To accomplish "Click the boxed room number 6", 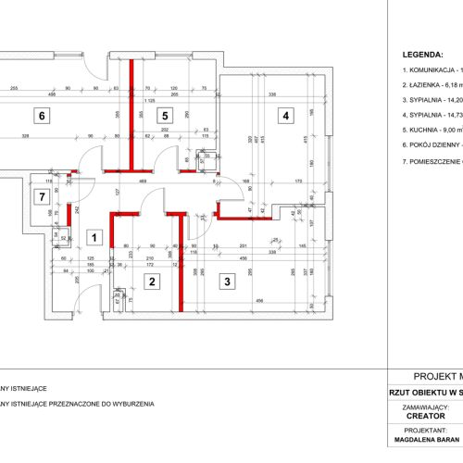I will point(39,116).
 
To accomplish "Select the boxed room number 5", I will point(164,116).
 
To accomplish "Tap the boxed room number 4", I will point(286,116).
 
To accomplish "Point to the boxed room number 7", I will point(39,196).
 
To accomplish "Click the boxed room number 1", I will point(93,237).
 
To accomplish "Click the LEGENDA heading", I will point(431,55).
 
